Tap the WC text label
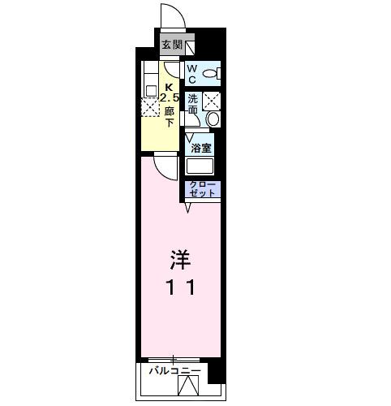[192, 75]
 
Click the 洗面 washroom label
[193, 103]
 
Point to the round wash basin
[213, 119]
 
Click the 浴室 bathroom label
[201, 148]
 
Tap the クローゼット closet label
[202, 189]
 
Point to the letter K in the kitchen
[170, 88]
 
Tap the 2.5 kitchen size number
[169, 99]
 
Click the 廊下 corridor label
[170, 118]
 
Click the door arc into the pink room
[165, 166]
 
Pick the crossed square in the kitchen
[151, 108]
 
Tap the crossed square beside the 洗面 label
[212, 100]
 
